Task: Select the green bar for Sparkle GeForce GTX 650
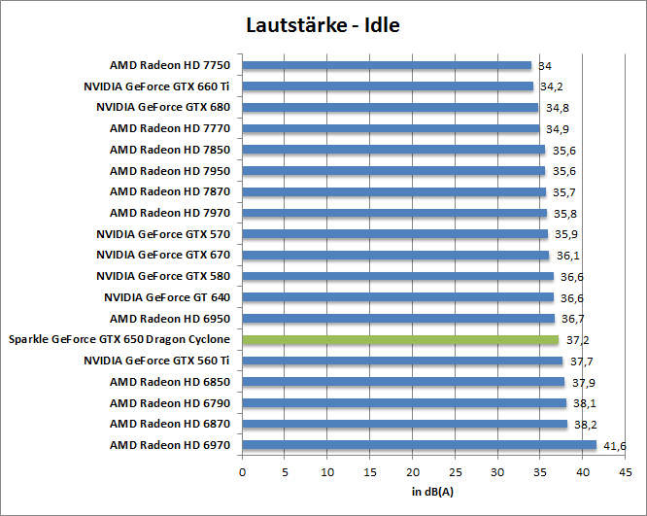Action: [x=400, y=340]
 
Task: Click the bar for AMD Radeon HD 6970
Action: [x=419, y=445]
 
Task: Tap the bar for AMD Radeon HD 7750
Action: [x=387, y=65]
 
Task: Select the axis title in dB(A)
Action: [x=433, y=491]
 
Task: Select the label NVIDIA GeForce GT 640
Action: [x=167, y=297]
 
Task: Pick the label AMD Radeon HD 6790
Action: [x=170, y=403]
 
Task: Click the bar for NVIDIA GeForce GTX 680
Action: [x=390, y=108]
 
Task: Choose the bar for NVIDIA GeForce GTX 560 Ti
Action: [x=402, y=361]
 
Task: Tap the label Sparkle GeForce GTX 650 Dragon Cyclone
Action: [x=119, y=340]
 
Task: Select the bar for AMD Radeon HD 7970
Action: [x=394, y=213]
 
